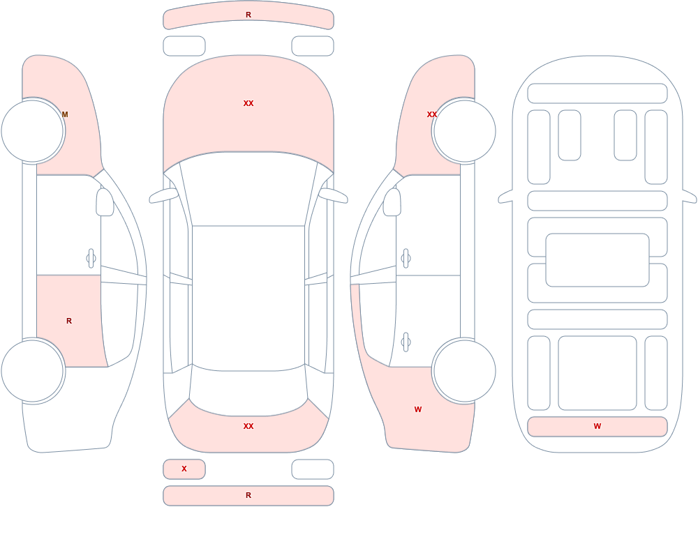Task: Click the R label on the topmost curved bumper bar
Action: [x=248, y=15]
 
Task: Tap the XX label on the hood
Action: [x=248, y=103]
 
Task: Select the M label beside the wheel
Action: [x=65, y=114]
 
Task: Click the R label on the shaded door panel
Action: [x=69, y=321]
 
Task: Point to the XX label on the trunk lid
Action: [x=248, y=426]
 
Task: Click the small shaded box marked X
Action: [x=184, y=469]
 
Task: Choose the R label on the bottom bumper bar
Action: [x=248, y=495]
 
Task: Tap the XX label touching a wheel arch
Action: [x=432, y=114]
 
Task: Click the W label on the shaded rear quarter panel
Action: [x=418, y=409]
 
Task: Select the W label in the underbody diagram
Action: [x=597, y=426]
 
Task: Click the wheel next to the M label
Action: [x=33, y=131]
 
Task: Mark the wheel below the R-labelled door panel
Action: [x=33, y=370]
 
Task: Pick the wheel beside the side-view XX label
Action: [x=464, y=131]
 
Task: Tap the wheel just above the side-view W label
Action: [x=464, y=370]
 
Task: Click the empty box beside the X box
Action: [x=313, y=469]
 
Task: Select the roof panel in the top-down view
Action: [x=248, y=297]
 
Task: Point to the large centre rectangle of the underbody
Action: [x=597, y=260]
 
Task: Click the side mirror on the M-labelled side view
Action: [x=105, y=202]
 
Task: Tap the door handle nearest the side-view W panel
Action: [x=406, y=342]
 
